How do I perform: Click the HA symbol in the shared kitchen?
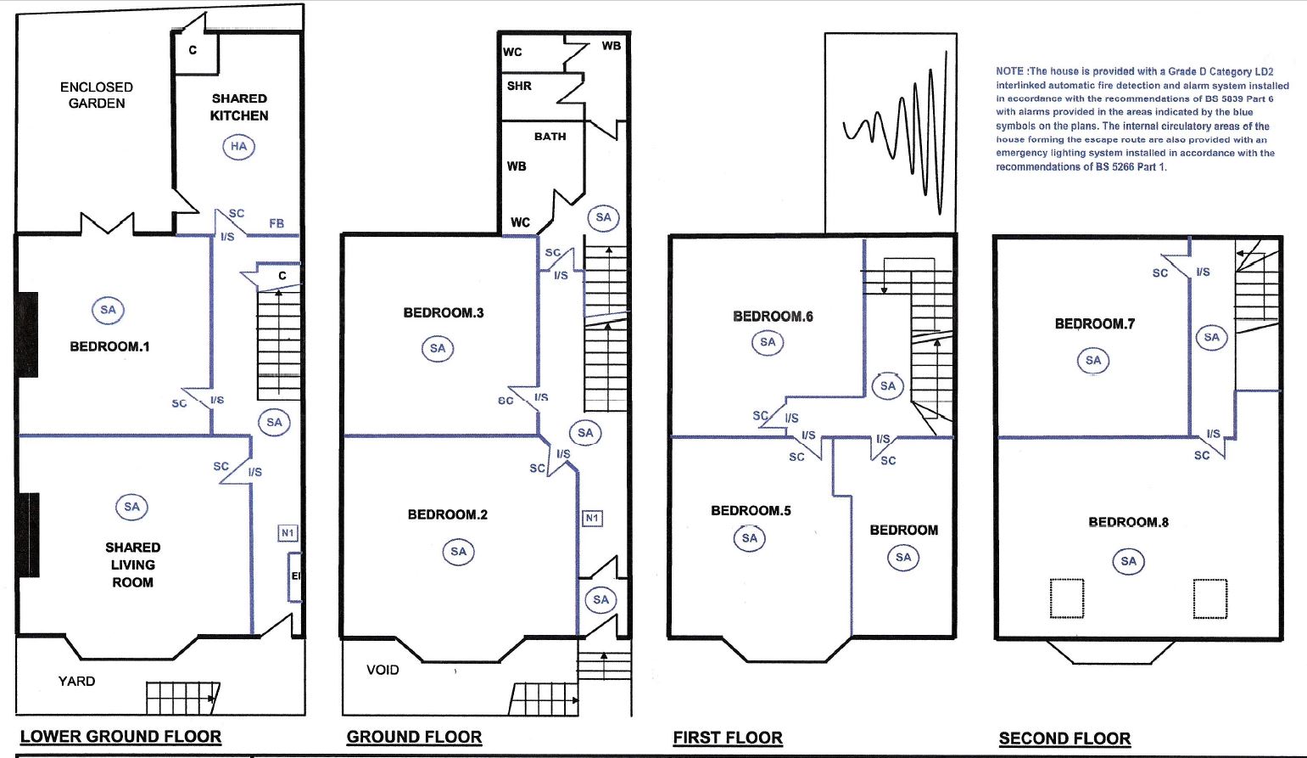(x=239, y=146)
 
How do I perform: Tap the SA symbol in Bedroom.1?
(x=108, y=310)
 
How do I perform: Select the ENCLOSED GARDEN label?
(x=97, y=95)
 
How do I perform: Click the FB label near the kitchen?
(x=276, y=223)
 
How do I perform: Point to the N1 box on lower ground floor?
(x=288, y=533)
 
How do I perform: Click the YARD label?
(x=76, y=681)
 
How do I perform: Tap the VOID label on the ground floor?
(x=383, y=670)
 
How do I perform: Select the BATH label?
(x=550, y=136)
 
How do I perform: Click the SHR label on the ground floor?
(x=519, y=86)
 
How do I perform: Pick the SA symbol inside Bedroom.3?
(x=438, y=348)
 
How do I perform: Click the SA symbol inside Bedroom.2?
(x=458, y=552)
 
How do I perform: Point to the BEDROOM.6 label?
(x=773, y=316)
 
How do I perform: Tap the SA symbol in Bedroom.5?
(x=750, y=538)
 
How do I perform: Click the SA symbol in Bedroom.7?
(x=1093, y=361)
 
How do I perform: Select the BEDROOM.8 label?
(x=1128, y=522)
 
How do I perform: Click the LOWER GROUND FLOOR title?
(x=120, y=737)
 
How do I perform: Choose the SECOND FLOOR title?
(x=1064, y=738)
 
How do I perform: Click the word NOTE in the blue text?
(x=1009, y=71)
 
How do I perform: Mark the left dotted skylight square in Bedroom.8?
(x=1068, y=598)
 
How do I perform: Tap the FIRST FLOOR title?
(x=728, y=738)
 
